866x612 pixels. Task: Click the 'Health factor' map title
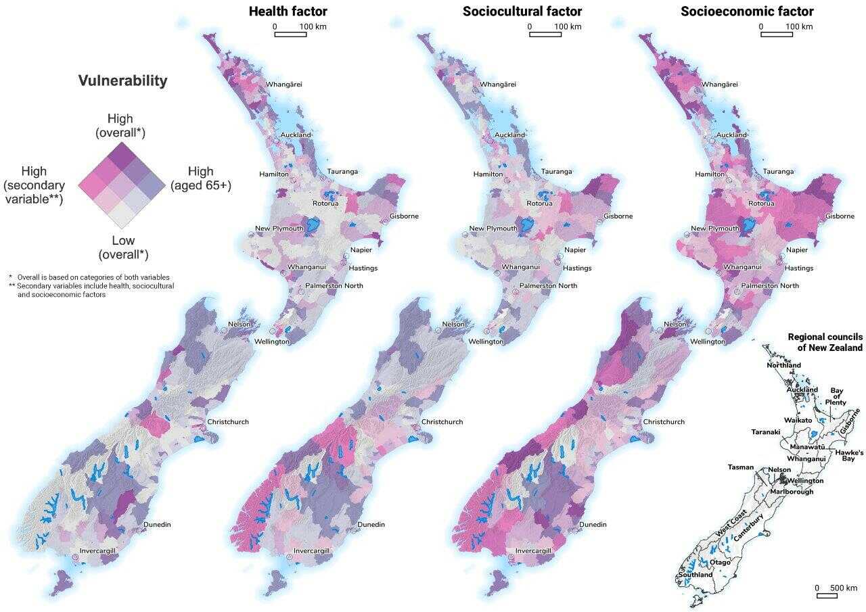tap(288, 11)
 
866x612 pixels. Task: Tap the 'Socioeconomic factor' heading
tap(747, 11)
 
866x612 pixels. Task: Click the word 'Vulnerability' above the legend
tap(122, 80)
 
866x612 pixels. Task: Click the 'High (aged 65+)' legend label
tap(201, 179)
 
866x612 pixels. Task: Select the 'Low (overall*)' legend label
tap(123, 248)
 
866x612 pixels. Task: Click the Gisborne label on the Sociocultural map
tap(618, 216)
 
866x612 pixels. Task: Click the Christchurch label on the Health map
tap(228, 422)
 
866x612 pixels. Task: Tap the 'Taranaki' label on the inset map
tap(766, 431)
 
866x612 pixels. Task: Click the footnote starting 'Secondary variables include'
tap(95, 290)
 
